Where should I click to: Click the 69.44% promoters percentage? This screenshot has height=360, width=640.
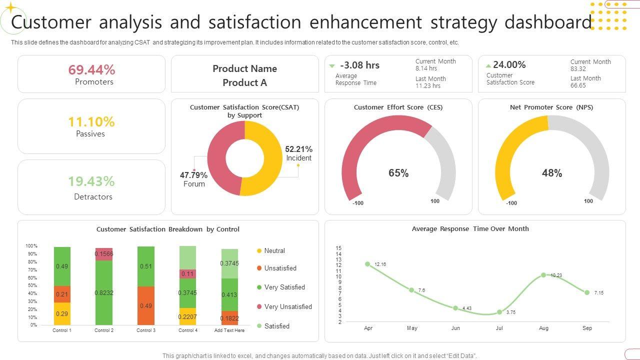coord(91,69)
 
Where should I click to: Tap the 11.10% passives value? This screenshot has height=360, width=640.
coord(91,121)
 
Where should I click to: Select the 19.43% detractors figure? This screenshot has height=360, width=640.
coord(91,181)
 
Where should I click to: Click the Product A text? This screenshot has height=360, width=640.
coord(244,82)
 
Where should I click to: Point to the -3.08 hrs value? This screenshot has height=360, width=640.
coord(359,65)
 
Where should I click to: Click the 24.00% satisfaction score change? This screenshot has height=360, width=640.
coord(509,64)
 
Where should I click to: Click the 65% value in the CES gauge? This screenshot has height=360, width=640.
coord(398,173)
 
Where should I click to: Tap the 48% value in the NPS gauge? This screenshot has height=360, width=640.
coord(552,173)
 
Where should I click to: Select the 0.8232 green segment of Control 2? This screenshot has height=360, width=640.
coord(104,292)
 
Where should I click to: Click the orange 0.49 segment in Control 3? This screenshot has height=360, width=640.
coord(145,305)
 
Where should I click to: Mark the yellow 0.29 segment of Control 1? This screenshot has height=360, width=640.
coord(62,313)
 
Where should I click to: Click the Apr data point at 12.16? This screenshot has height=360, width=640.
coord(368,264)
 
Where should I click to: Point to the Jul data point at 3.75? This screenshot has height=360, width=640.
coord(499,312)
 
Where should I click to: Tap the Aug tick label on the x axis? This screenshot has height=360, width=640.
coord(543,328)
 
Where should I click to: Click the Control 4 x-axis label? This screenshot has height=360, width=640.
coord(187,330)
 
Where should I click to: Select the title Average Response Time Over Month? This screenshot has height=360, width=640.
coord(470,228)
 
